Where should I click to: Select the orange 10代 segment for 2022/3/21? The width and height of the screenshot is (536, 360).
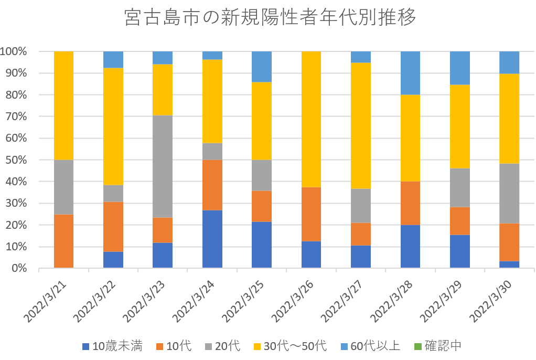tap(63, 241)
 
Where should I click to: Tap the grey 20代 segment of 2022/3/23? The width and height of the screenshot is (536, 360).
tap(163, 166)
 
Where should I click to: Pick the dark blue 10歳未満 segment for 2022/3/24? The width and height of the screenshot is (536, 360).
tap(212, 239)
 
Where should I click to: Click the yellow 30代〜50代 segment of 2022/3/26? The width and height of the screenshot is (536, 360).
tap(312, 119)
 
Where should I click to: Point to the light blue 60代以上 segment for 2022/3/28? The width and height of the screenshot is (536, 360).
tap(410, 73)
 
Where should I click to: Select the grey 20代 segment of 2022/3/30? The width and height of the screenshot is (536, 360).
tap(509, 193)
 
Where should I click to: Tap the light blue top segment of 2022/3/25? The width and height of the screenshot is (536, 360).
tap(262, 67)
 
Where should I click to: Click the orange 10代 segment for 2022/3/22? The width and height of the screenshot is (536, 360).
tap(113, 227)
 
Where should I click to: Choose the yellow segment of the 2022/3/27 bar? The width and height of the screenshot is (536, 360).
tap(361, 125)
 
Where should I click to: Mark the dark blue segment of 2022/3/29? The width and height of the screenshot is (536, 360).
tap(460, 251)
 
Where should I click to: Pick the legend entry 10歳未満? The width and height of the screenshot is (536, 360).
tap(112, 346)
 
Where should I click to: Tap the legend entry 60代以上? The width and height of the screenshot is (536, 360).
tap(369, 346)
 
